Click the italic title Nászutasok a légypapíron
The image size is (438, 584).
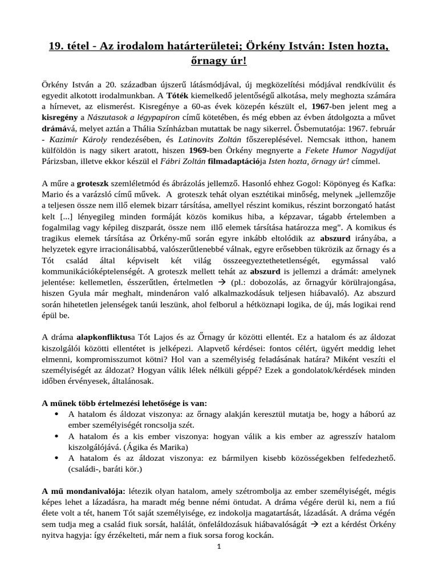(x=143, y=117)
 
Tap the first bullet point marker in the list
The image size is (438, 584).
(x=59, y=413)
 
